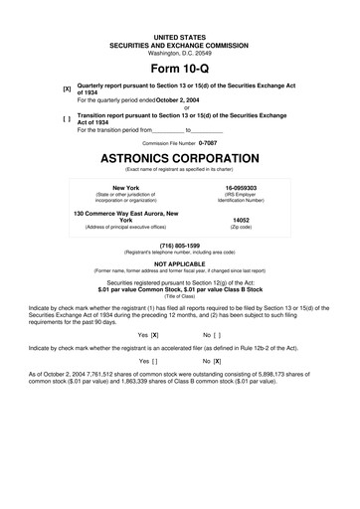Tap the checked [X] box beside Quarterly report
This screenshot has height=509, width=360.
coord(67,88)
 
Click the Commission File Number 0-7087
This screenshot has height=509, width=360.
coord(207,143)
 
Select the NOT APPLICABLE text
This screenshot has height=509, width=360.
coord(180,262)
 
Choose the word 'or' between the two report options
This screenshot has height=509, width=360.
coord(180,107)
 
